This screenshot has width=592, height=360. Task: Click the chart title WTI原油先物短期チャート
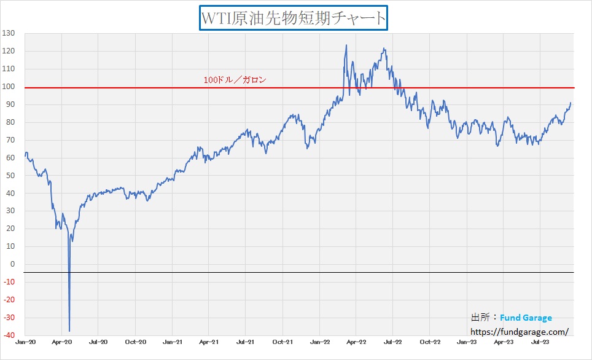294,18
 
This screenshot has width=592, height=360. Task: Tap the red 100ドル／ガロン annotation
235,80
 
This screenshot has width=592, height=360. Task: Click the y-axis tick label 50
10,176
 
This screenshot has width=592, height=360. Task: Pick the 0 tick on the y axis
12,265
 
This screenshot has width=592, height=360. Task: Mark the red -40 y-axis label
9,335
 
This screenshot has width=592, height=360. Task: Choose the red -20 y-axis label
9,300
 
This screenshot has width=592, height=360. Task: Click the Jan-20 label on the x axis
25,341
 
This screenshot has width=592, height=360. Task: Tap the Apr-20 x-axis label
61,341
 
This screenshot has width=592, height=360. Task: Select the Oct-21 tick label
282,341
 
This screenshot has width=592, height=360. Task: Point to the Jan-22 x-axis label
319,341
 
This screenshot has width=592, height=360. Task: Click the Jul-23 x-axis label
540,341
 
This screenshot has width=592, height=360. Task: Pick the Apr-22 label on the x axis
356,341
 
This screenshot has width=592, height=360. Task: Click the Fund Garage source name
526,318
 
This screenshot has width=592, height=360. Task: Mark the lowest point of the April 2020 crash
69,331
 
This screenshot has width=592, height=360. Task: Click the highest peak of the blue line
346,45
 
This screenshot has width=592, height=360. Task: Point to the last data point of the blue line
571,103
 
